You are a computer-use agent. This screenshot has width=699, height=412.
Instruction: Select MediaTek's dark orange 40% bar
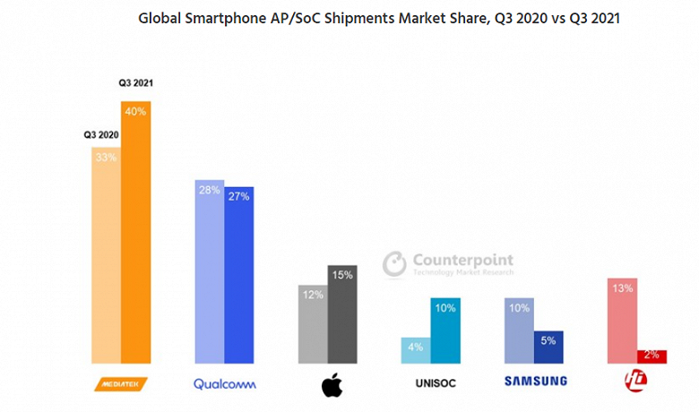point(136,233)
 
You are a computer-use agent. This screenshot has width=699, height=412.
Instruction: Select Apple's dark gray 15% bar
point(342,314)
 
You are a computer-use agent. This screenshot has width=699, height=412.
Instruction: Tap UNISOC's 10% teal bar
point(445,330)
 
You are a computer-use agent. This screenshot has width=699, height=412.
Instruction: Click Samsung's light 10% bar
point(519,330)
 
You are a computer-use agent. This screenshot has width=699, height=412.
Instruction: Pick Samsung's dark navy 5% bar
point(548,347)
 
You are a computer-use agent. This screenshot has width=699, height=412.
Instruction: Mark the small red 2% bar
point(652,356)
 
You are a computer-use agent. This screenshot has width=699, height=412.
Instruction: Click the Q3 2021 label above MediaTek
point(136,83)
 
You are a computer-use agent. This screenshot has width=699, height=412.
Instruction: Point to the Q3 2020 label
point(101,135)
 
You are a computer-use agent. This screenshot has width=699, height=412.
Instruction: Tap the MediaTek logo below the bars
point(121,383)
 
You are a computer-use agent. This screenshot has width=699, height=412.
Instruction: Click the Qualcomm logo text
point(225,383)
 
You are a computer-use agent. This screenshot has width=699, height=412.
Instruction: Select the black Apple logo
point(331,385)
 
